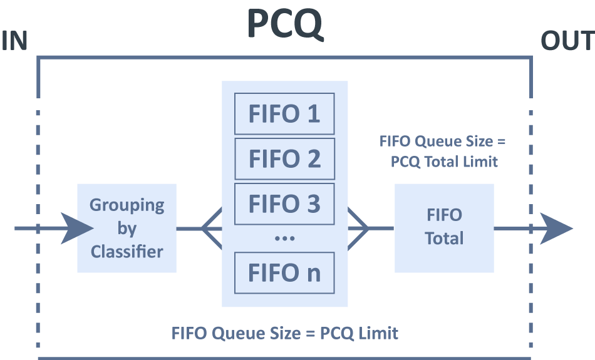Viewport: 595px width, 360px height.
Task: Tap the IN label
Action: coord(14,41)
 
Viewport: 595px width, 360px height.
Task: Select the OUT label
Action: coord(567,41)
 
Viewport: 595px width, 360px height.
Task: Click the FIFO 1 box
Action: coord(284,114)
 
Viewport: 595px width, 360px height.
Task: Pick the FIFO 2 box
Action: coord(284,159)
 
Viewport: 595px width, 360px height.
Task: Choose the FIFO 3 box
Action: coord(284,204)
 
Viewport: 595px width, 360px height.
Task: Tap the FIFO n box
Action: coord(284,272)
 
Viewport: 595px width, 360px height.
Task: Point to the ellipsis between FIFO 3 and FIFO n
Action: coord(284,239)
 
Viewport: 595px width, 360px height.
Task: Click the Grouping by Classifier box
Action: coord(127,229)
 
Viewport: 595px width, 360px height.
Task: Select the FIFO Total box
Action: coord(444,228)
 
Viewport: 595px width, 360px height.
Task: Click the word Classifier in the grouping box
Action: coord(127,252)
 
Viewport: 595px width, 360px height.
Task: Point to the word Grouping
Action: coord(127,205)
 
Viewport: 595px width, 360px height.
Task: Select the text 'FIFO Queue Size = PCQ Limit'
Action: coord(285,332)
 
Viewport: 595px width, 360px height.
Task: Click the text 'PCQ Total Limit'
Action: coord(444,162)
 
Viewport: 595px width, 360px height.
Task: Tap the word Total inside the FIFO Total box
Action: coord(444,239)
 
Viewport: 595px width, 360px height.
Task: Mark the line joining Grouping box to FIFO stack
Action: coord(189,229)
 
